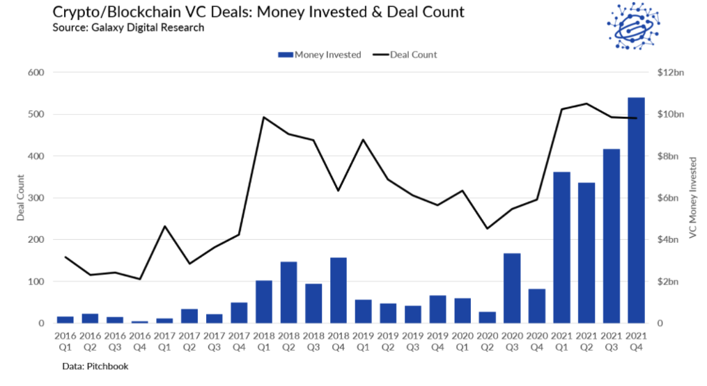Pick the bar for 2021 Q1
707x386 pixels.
(x=561, y=247)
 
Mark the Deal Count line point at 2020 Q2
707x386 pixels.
(x=488, y=228)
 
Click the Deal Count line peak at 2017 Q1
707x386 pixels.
(x=165, y=226)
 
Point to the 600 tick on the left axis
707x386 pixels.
(x=36, y=72)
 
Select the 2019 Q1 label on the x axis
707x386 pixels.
(x=364, y=341)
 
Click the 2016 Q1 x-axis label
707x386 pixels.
(x=65, y=341)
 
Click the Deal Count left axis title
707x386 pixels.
(x=21, y=198)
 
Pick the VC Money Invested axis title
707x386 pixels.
(x=692, y=198)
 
